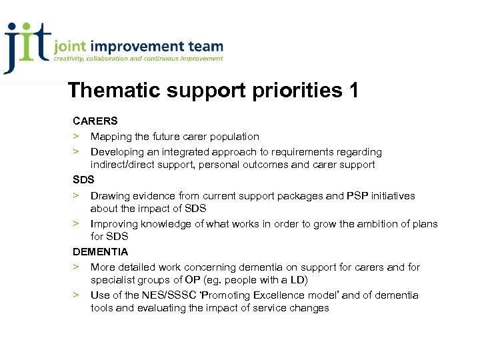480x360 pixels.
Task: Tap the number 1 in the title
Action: pyautogui.click(x=353, y=90)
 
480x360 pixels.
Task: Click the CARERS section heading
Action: pyautogui.click(x=95, y=121)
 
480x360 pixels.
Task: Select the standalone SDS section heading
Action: pyautogui.click(x=83, y=180)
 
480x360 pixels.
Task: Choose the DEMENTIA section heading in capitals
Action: pyautogui.click(x=100, y=252)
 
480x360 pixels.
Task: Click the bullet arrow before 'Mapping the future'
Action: pyautogui.click(x=77, y=137)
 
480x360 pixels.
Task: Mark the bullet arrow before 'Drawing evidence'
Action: pyautogui.click(x=77, y=196)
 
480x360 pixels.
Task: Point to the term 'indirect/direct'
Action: pyautogui.click(x=124, y=165)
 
